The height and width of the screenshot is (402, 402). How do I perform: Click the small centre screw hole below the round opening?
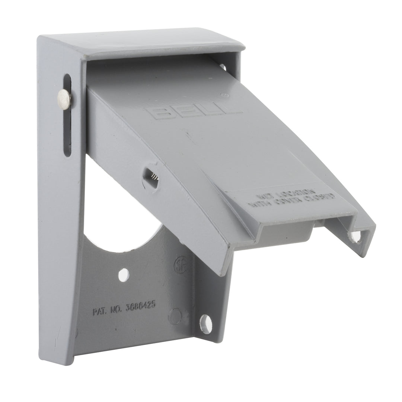click(124, 275)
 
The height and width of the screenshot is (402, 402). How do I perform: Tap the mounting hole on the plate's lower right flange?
click(205, 321)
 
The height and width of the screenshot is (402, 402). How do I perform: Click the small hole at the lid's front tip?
click(354, 236)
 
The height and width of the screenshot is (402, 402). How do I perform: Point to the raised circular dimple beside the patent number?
click(173, 316)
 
